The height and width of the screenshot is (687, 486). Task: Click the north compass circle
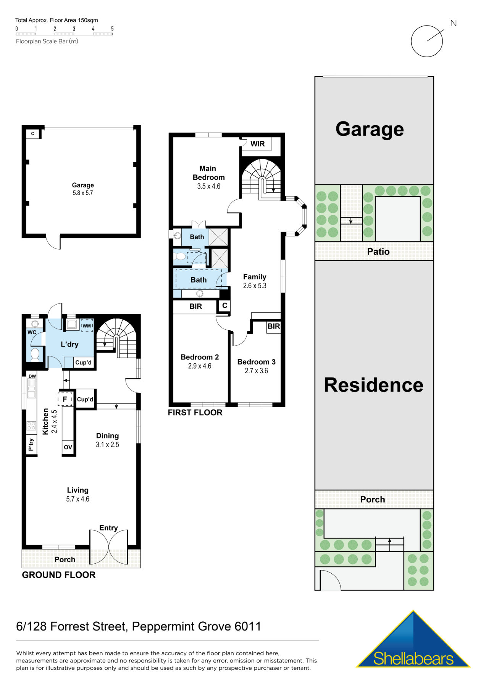(426, 41)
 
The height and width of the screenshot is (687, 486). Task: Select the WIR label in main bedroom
(257, 144)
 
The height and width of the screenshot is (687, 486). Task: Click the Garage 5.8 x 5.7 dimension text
(83, 193)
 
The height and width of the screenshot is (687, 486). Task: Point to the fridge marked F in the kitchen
(65, 399)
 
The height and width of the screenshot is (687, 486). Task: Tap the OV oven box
(68, 447)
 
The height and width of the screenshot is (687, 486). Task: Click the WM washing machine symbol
(87, 326)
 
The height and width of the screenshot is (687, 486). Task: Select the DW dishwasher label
(32, 376)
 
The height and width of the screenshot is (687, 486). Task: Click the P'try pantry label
(31, 445)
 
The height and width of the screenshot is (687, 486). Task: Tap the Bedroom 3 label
(256, 362)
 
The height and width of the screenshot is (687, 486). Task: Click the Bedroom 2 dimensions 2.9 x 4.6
(199, 366)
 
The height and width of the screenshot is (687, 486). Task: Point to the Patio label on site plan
(378, 252)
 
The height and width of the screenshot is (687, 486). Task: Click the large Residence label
(373, 385)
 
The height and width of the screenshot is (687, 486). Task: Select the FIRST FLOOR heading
(195, 413)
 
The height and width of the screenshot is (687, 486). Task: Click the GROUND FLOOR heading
(58, 575)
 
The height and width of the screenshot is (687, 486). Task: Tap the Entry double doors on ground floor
(109, 547)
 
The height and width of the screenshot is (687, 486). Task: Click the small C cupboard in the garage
(33, 134)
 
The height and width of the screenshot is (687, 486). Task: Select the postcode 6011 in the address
(248, 626)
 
